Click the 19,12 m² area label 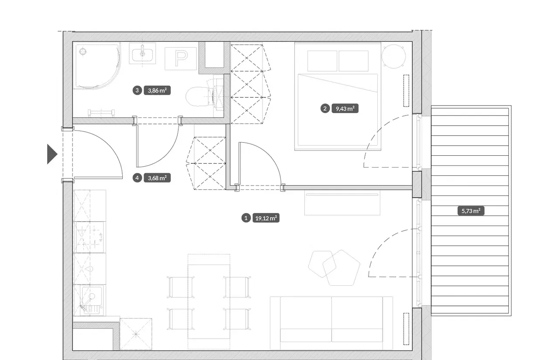(266, 218)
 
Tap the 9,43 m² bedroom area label (345, 109)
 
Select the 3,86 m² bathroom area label (157, 90)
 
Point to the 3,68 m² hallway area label (157, 178)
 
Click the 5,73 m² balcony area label (471, 211)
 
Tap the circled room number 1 (246, 218)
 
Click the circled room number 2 (325, 109)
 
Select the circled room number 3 (137, 90)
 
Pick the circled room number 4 (137, 178)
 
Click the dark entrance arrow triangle (52, 154)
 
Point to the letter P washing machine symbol (181, 58)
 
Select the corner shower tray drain (83, 51)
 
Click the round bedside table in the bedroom (393, 56)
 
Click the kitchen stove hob (90, 237)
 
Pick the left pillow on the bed (322, 61)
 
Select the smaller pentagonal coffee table (322, 264)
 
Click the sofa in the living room (331, 323)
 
